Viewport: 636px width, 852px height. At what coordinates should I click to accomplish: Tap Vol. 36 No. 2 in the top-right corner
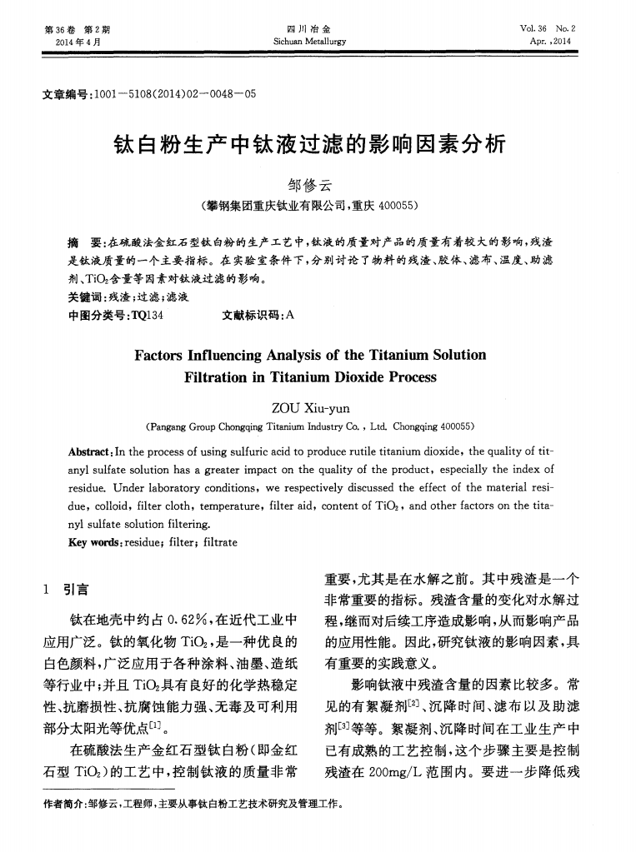pyautogui.click(x=553, y=28)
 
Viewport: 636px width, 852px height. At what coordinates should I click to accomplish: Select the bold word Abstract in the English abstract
pyautogui.click(x=89, y=451)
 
